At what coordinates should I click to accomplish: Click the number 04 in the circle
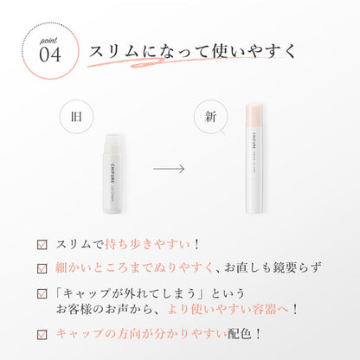(50, 55)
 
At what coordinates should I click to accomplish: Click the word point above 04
(48, 41)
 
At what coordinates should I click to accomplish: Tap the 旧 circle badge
(76, 117)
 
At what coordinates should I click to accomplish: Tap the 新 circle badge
(210, 117)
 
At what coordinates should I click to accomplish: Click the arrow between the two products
(169, 169)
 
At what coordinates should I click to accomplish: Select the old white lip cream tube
(112, 174)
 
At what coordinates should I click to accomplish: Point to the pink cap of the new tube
(254, 117)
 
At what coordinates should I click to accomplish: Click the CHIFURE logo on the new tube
(249, 140)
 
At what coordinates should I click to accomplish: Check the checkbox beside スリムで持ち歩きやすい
(42, 244)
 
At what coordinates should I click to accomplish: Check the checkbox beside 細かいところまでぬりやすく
(42, 268)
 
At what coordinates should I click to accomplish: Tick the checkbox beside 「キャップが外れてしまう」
(42, 293)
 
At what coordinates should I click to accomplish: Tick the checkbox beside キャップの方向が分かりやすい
(42, 334)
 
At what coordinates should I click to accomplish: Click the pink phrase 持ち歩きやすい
(147, 244)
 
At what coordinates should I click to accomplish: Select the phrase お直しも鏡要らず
(273, 267)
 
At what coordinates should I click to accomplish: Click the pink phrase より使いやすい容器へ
(228, 309)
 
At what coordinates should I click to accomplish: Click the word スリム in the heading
(114, 52)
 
